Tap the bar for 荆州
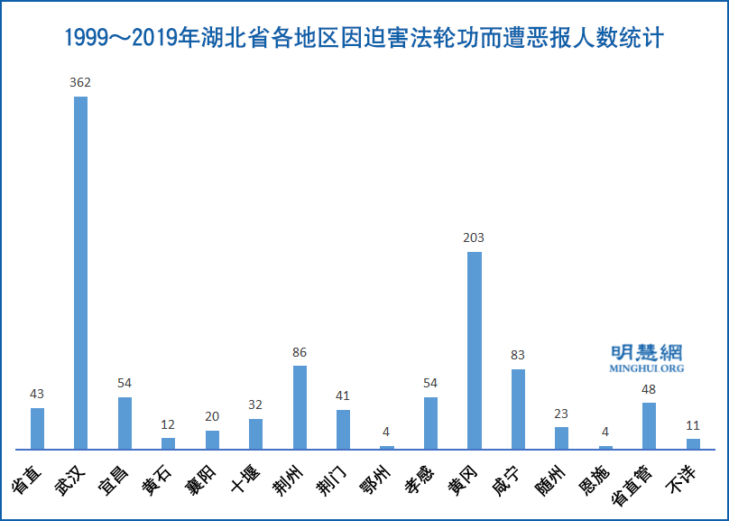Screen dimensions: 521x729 pos(300,407)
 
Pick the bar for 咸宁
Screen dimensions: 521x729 pos(518,409)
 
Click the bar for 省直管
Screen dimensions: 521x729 pos(649,426)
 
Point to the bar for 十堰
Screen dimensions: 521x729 pos(255,434)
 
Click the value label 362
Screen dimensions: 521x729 pos(80,82)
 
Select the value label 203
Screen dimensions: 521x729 pos(474,237)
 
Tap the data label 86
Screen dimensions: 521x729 pos(300,352)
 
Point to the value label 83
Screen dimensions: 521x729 pos(518,355)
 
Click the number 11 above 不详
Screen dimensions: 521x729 pos(693,424)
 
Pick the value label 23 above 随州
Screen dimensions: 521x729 pos(561,414)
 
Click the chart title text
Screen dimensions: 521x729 pos(364,39)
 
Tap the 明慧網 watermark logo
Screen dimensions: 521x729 pos(647,352)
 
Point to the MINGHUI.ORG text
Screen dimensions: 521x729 pos(647,369)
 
